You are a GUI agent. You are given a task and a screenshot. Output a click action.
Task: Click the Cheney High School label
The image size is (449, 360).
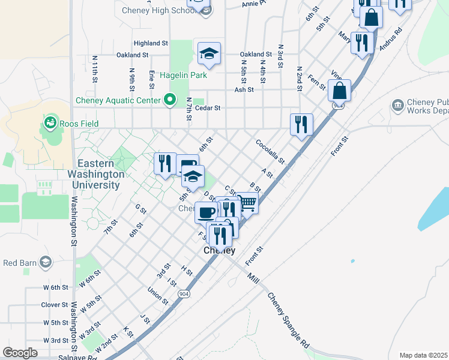[x=157, y=10]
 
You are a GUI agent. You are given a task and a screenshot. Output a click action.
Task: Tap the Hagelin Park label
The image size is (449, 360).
[x=188, y=75]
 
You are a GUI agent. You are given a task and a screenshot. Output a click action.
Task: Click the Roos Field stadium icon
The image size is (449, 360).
[x=50, y=124]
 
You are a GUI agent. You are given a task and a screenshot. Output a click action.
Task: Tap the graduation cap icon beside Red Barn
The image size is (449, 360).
[x=45, y=262]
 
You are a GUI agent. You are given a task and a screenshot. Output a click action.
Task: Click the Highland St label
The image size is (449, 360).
[x=151, y=43]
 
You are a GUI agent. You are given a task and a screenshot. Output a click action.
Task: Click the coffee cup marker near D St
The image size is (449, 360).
[x=206, y=212]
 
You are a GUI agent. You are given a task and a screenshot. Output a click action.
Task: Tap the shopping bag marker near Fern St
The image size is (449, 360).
[x=339, y=91]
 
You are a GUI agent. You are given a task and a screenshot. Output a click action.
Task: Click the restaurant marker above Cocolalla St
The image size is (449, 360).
[x=301, y=124]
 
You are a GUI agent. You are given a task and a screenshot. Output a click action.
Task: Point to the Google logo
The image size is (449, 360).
[x=20, y=352]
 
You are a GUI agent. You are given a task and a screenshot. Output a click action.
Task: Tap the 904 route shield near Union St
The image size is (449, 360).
[x=183, y=294]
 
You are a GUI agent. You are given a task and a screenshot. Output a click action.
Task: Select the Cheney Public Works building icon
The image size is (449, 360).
[x=397, y=106]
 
